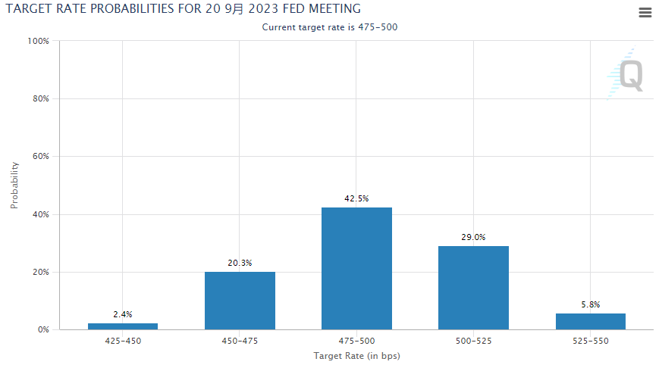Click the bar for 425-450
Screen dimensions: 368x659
(123, 326)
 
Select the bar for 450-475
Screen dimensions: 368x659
(240, 301)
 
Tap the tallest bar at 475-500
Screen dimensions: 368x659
(356, 269)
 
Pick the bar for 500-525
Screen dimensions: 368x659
(473, 288)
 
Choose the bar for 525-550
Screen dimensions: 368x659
(590, 321)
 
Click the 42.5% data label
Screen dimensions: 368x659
(356, 198)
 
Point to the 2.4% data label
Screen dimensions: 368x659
(123, 314)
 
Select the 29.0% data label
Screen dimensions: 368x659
(473, 237)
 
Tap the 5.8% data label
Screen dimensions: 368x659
(590, 304)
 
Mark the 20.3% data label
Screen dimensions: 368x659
(240, 263)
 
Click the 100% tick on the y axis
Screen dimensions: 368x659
(38, 41)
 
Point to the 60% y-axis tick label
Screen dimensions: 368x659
(40, 157)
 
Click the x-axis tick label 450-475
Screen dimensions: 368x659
(240, 341)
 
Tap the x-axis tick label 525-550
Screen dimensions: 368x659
(590, 341)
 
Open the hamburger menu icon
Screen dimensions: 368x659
(645, 12)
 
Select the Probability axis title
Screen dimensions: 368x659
(14, 185)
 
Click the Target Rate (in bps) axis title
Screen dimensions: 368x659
(356, 356)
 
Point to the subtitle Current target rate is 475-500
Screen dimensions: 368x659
(330, 27)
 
